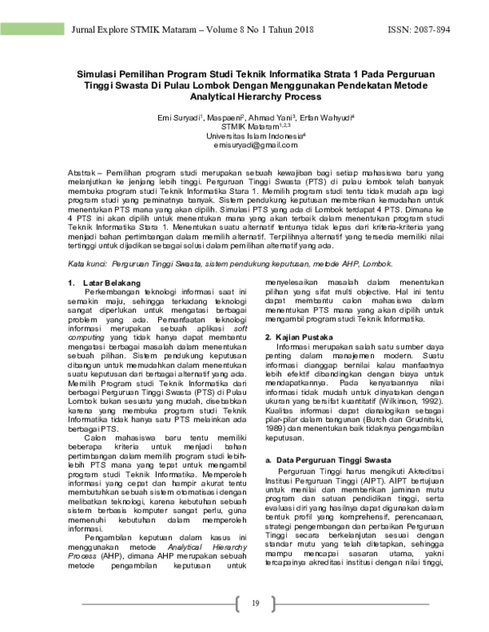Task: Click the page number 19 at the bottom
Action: coord(254,603)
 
